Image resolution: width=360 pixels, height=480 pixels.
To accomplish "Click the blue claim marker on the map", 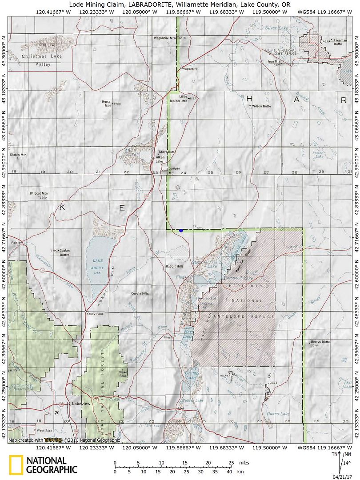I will (x=181, y=231).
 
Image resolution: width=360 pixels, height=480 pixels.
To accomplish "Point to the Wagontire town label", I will (x=190, y=69).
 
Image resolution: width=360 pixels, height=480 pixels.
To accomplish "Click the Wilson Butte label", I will (x=261, y=106).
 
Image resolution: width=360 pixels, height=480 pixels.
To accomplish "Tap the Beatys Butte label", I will (x=320, y=342).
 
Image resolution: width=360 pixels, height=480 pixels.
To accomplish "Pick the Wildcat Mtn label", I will (x=39, y=194).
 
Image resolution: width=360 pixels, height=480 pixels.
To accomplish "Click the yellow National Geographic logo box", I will (x=16, y=465).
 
